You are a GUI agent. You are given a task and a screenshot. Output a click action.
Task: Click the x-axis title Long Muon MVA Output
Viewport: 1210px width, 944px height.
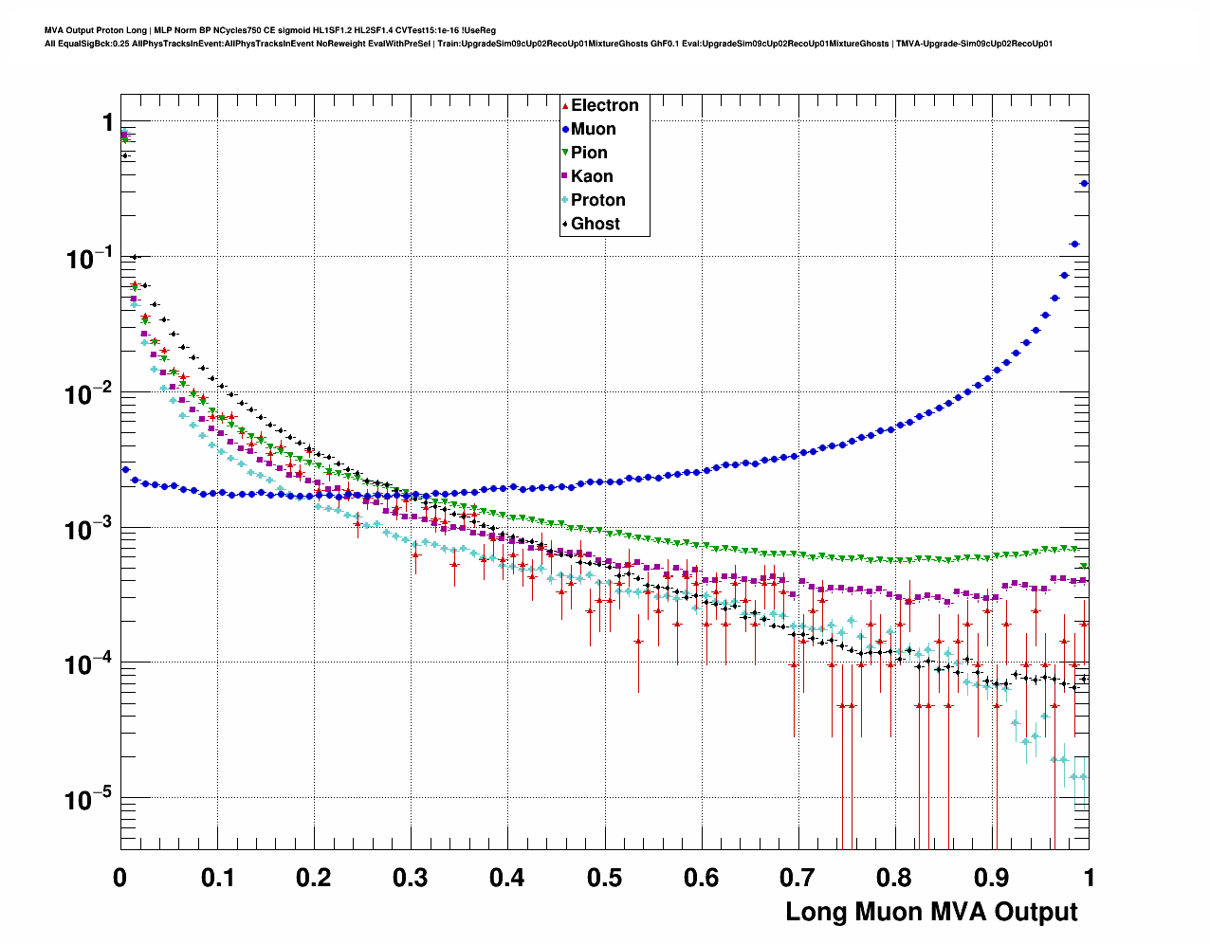tap(931, 912)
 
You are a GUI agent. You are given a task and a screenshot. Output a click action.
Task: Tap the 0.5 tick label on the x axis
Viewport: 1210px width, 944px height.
tap(604, 878)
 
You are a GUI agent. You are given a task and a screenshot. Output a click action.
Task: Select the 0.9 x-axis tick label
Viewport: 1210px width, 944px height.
tap(992, 878)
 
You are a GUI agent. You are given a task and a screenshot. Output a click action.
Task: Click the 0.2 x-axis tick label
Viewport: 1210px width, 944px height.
tap(313, 878)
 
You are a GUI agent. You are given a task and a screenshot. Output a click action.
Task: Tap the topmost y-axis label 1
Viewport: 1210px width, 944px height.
tap(107, 122)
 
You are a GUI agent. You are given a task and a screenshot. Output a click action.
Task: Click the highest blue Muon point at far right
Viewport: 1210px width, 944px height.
tap(1085, 184)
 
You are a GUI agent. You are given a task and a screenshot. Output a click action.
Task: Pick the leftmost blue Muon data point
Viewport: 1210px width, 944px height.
tap(125, 469)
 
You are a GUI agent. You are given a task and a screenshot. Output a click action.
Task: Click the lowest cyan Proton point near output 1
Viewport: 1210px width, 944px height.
tap(1074, 777)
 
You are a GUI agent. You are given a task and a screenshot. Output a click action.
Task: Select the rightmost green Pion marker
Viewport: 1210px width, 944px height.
tap(1084, 567)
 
